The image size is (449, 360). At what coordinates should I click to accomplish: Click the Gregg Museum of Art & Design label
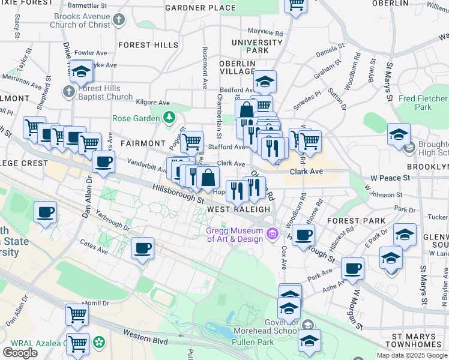click(x=235, y=235)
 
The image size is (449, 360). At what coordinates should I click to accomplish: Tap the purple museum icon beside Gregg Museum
click(x=273, y=233)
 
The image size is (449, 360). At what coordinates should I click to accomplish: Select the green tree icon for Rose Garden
click(x=170, y=116)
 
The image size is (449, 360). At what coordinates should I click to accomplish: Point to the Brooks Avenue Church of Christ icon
click(x=119, y=19)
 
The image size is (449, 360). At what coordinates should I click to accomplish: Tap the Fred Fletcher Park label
click(x=423, y=103)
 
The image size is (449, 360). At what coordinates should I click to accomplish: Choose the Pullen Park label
click(x=258, y=342)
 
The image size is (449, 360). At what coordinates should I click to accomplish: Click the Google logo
click(x=20, y=352)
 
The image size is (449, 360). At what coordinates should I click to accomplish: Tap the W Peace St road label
click(x=390, y=178)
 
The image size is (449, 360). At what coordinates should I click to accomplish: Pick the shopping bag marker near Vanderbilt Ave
click(x=208, y=178)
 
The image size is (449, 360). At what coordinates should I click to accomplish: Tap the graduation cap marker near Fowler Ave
click(x=81, y=72)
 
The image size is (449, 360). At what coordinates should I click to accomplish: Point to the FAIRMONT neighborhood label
click(x=142, y=144)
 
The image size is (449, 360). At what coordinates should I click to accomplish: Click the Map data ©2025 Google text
click(x=412, y=355)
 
